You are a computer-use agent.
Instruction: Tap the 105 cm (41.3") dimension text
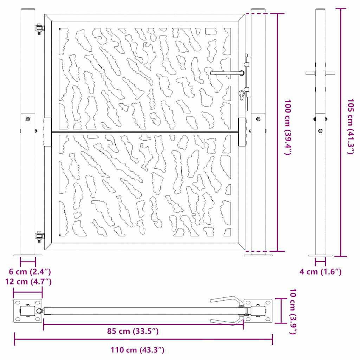351,127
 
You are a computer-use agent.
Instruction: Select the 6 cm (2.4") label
30,272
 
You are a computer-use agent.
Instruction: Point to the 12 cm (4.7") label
28,282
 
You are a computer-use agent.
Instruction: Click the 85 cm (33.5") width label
133,331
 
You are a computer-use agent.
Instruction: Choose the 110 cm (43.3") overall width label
137,350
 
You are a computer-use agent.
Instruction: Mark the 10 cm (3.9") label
293,311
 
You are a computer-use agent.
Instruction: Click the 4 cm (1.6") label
321,272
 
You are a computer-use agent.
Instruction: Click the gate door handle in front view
227,73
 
